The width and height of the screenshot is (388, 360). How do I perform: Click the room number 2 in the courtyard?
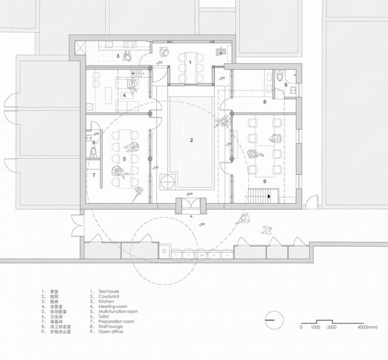click(x=192, y=140)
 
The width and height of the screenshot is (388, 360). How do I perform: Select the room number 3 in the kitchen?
click(x=118, y=56)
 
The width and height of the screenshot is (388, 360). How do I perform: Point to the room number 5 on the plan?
click(x=124, y=159)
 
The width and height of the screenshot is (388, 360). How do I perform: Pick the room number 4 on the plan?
click(x=124, y=95)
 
